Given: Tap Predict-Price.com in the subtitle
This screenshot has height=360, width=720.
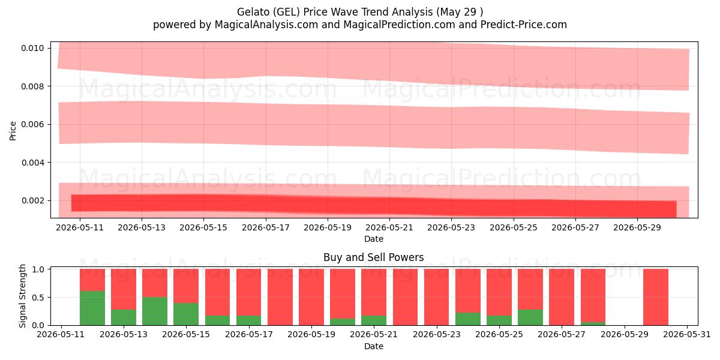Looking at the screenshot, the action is pos(523,25).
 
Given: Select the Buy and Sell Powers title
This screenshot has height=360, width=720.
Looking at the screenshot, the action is pos(373,257).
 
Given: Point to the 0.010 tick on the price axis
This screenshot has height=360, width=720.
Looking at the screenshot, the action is pos(32,48).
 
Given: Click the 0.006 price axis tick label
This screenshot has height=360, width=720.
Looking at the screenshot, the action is pos(32,124).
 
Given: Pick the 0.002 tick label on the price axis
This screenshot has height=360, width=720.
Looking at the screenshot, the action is pos(32,200).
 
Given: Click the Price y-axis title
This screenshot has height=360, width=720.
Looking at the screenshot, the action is pos(13,131).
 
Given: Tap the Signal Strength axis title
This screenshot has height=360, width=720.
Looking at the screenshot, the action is pos(22,296).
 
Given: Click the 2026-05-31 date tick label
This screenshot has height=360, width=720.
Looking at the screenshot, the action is pos(687,335).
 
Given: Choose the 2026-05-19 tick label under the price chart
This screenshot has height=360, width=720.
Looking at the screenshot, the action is pos(328,227).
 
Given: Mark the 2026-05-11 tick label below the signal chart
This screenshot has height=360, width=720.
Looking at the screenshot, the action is pos(61,335).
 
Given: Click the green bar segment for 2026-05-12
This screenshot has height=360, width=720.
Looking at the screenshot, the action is pos(92,308).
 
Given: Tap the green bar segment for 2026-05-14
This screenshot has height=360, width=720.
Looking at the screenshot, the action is pos(155,311).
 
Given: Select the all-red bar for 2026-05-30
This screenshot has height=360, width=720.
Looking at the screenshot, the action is pos(656,297).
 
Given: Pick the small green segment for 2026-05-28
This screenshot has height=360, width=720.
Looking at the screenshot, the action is pos(593,323).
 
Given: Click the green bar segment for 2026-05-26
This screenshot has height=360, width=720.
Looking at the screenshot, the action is pos(530,317).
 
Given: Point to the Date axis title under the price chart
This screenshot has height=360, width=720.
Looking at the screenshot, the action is pos(373,239).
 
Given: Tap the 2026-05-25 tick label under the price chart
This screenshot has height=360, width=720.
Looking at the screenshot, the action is pos(514,227).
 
